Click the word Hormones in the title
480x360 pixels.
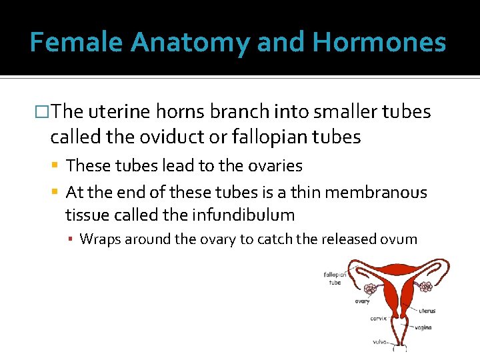coord(379,43)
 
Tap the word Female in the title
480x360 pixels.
coord(77,43)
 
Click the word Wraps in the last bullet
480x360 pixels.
coord(97,239)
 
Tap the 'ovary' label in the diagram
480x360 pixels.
coord(362,301)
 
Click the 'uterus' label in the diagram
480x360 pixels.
coord(427,310)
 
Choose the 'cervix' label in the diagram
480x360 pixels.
coord(379,318)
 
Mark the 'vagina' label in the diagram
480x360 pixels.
coord(422,327)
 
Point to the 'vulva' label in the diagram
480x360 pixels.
coord(380,343)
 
